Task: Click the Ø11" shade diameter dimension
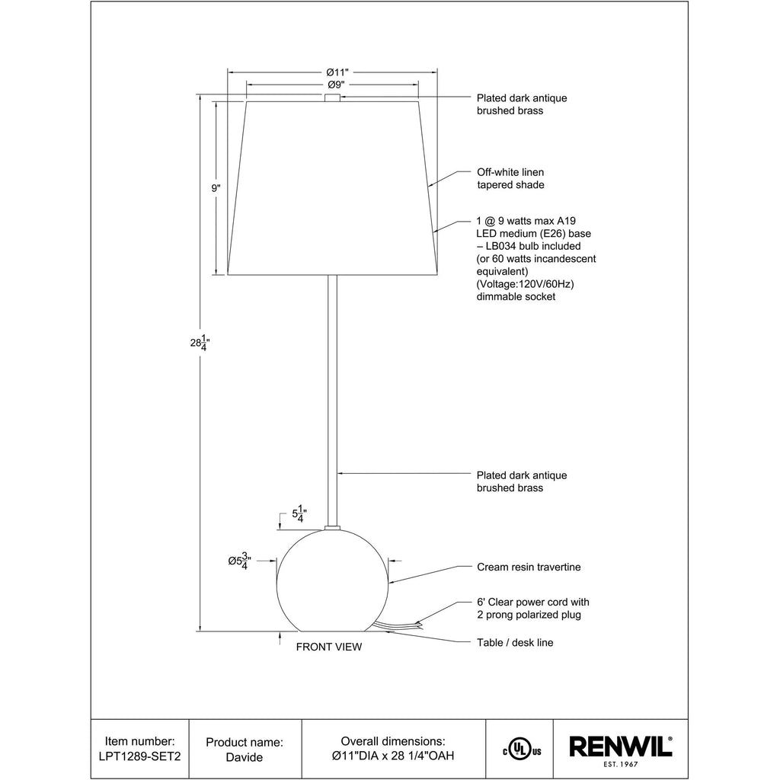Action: (337, 72)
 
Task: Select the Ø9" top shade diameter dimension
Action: (336, 85)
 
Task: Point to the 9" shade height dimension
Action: (216, 188)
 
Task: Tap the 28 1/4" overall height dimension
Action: (200, 342)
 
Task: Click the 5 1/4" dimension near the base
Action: (299, 514)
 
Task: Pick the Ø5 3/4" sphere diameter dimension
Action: (240, 561)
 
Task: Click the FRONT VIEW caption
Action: (329, 647)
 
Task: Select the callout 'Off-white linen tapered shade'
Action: (510, 178)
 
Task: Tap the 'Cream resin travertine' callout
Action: (529, 567)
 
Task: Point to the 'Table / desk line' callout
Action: (515, 643)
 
